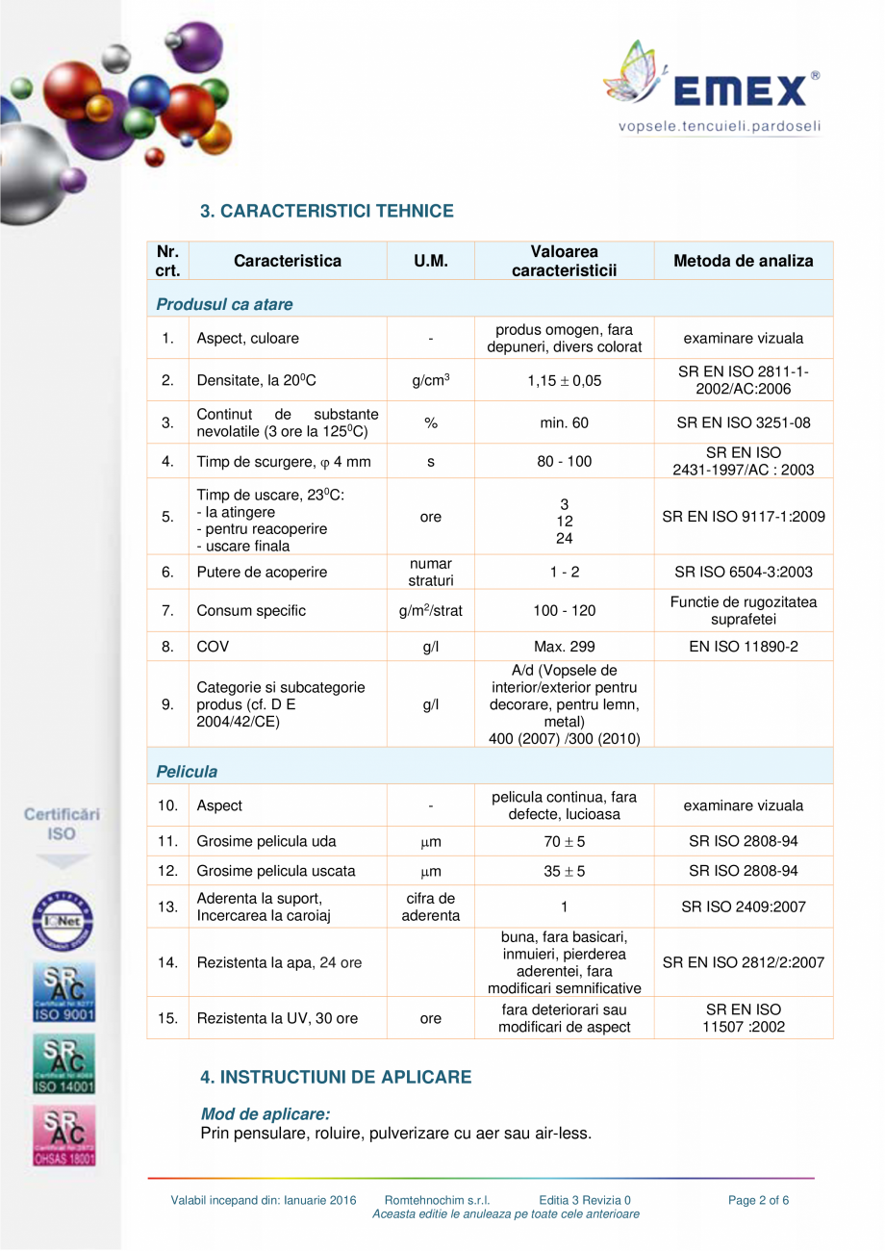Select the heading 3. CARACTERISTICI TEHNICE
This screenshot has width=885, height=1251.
(326, 211)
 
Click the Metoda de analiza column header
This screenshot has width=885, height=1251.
(743, 261)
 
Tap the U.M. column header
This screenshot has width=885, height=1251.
(430, 261)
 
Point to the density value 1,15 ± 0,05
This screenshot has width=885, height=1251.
(564, 381)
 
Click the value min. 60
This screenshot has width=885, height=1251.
(564, 422)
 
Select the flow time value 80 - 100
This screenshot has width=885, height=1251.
(564, 462)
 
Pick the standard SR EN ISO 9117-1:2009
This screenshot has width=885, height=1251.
(743, 517)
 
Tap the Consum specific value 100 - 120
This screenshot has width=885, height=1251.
(564, 611)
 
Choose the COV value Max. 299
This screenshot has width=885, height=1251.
(564, 647)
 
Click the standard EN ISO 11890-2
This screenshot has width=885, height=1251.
(743, 647)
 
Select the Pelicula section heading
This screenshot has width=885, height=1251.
(187, 772)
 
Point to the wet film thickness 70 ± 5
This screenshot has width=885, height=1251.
(564, 842)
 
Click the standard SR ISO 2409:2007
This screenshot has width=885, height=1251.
(743, 906)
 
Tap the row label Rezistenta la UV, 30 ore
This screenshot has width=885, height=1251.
(279, 1018)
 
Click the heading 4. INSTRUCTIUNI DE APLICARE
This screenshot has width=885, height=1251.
(336, 1077)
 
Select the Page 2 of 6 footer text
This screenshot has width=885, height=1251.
(759, 1200)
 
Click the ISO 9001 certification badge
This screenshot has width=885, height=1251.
(64, 992)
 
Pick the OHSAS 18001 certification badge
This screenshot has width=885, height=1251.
(64, 1136)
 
